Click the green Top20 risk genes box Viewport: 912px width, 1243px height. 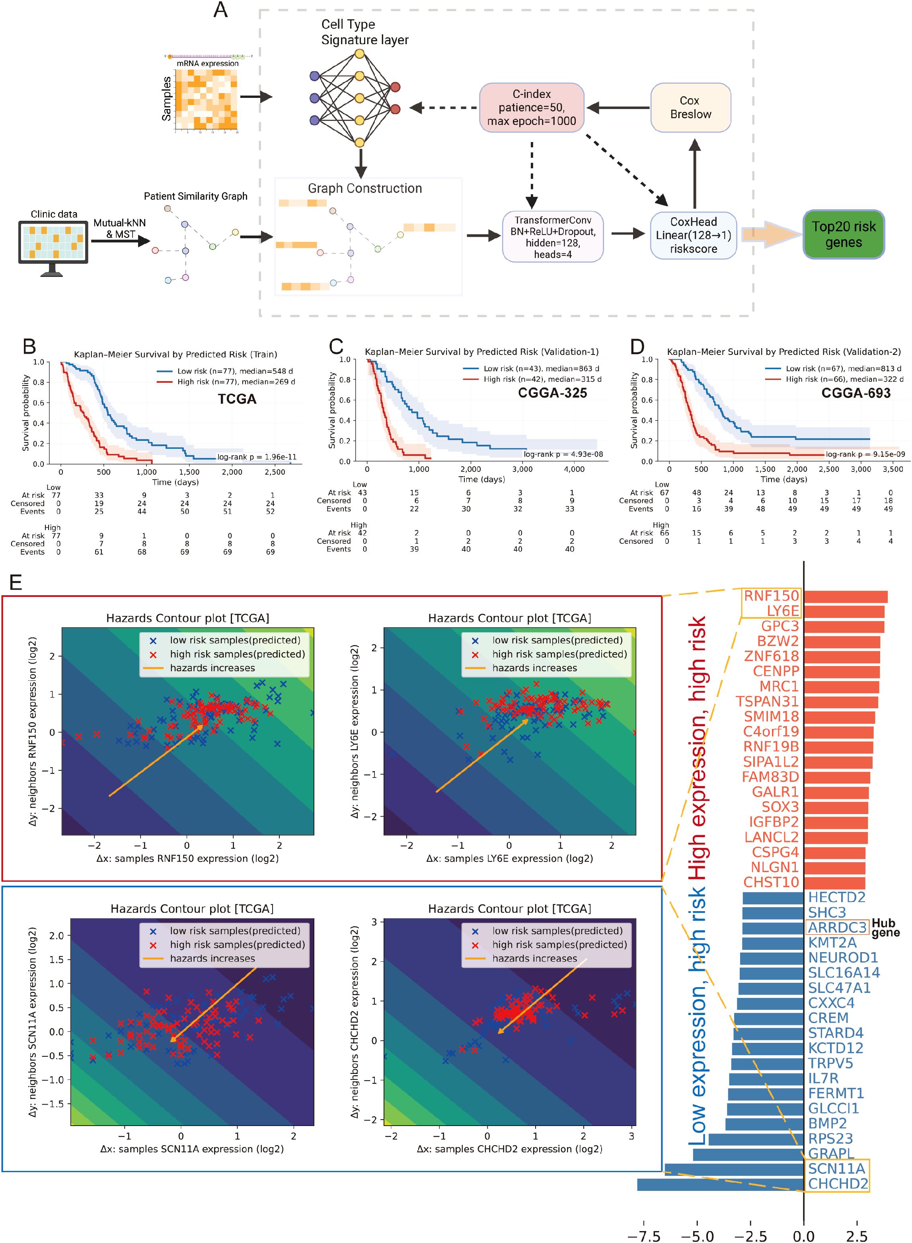pos(843,234)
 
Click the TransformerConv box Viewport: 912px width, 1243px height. pos(552,236)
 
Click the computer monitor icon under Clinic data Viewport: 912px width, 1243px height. pos(53,245)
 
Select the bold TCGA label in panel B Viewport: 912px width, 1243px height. pos(237,399)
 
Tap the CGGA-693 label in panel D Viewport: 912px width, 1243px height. pos(855,393)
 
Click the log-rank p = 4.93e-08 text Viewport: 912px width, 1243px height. pos(563,454)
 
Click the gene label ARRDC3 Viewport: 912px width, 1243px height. pos(837,927)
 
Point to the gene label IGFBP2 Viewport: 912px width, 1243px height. pos(773,822)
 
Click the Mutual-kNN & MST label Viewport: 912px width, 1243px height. pos(119,228)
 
